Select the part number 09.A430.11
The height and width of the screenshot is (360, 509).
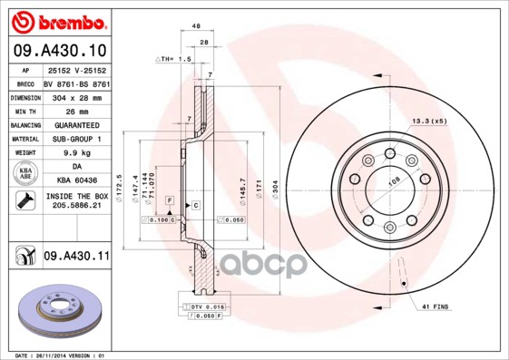(x=75, y=258)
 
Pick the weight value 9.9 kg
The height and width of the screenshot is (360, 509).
(x=75, y=153)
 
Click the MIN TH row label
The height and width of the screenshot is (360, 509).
(x=22, y=110)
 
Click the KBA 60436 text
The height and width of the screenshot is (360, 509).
(x=75, y=182)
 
